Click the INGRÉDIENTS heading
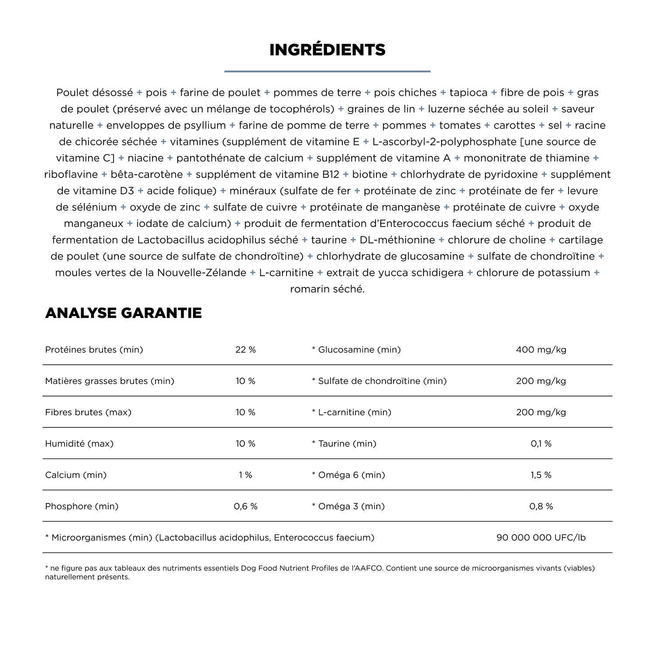coord(327,50)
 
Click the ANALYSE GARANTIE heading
coord(124,313)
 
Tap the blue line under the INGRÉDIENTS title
coord(327,71)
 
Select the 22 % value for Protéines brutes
coord(245,350)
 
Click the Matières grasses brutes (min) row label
coord(110,381)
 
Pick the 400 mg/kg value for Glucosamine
coord(541,350)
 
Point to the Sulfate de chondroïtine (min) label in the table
coord(379,381)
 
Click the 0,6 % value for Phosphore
coord(245,507)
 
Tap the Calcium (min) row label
coord(76,475)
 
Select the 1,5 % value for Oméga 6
coord(541,475)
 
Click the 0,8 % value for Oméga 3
coord(541,507)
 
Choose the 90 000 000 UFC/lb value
coord(541,538)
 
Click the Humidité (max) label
coord(79,444)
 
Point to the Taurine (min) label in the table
coord(344,444)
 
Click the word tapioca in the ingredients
coord(468,93)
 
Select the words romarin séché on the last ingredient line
coord(327,289)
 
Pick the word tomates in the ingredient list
coord(460,125)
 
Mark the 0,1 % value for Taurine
coord(541,444)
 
